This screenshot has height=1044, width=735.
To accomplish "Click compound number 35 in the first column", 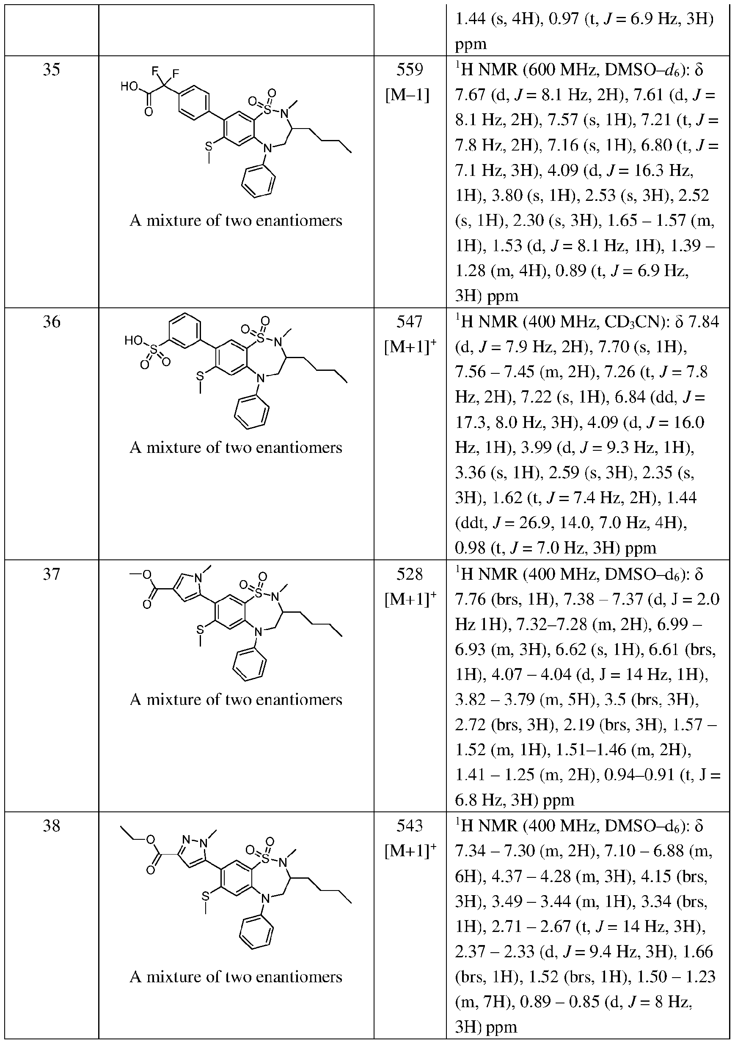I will (x=52, y=70).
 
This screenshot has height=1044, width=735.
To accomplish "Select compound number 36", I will (x=52, y=322).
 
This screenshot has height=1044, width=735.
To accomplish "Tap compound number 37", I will (x=52, y=574).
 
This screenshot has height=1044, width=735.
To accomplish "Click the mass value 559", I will (x=410, y=70).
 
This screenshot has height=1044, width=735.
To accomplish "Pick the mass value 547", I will (x=410, y=322).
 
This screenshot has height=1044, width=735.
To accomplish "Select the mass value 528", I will (x=410, y=574).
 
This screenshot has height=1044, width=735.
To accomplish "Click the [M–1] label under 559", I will (x=407, y=96).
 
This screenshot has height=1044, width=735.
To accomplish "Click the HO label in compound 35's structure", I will (x=129, y=86).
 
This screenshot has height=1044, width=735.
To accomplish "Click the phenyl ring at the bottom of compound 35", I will (x=258, y=181).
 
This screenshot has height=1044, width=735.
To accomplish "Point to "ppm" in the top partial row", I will (x=471, y=44).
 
